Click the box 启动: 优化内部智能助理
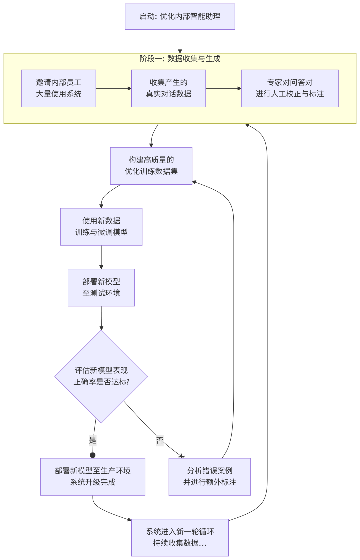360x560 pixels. click(x=180, y=17)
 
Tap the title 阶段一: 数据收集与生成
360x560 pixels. click(x=180, y=59)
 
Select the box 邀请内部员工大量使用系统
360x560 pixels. click(x=59, y=88)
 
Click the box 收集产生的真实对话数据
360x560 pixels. click(x=168, y=88)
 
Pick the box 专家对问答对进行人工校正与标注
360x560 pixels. click(x=290, y=88)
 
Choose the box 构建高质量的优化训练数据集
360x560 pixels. click(x=151, y=166)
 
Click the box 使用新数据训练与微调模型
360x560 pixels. click(x=101, y=227)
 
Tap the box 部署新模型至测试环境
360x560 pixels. click(x=101, y=287)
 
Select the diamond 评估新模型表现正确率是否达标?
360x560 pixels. click(x=101, y=376)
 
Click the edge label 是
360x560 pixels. click(x=93, y=440)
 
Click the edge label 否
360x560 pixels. click(x=160, y=440)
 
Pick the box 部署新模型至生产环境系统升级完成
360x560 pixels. click(x=93, y=477)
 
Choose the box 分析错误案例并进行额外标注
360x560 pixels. click(x=209, y=477)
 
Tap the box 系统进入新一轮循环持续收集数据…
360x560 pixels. click(x=180, y=537)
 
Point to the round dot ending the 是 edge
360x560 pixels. click(x=93, y=455)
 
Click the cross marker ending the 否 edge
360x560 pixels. click(x=181, y=456)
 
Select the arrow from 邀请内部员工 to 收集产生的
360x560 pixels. click(x=113, y=88)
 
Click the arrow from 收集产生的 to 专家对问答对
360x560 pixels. click(x=223, y=88)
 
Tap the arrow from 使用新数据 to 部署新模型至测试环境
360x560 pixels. click(x=101, y=257)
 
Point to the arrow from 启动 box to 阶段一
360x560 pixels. click(x=180, y=41)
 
